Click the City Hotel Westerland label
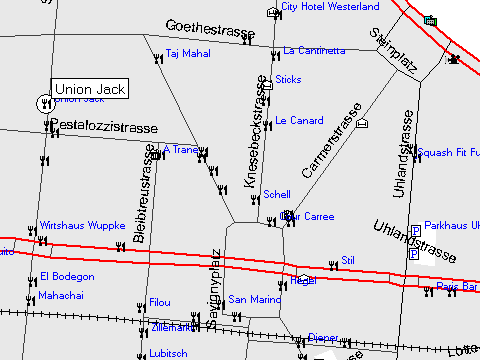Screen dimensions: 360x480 (329, 6)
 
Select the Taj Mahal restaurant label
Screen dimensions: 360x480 (187, 54)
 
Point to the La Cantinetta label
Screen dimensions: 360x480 (315, 50)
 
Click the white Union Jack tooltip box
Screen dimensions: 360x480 (90, 89)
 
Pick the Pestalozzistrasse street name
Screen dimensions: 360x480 (103, 128)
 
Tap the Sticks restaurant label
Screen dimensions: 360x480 (288, 79)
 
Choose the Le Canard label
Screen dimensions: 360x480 (299, 120)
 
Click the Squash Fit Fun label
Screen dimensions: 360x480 (449, 153)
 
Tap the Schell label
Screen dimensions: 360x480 (276, 195)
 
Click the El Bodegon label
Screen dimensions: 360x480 (67, 276)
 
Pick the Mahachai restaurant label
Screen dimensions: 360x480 (61, 296)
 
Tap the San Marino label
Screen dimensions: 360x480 (255, 299)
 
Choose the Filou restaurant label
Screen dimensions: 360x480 (159, 302)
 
